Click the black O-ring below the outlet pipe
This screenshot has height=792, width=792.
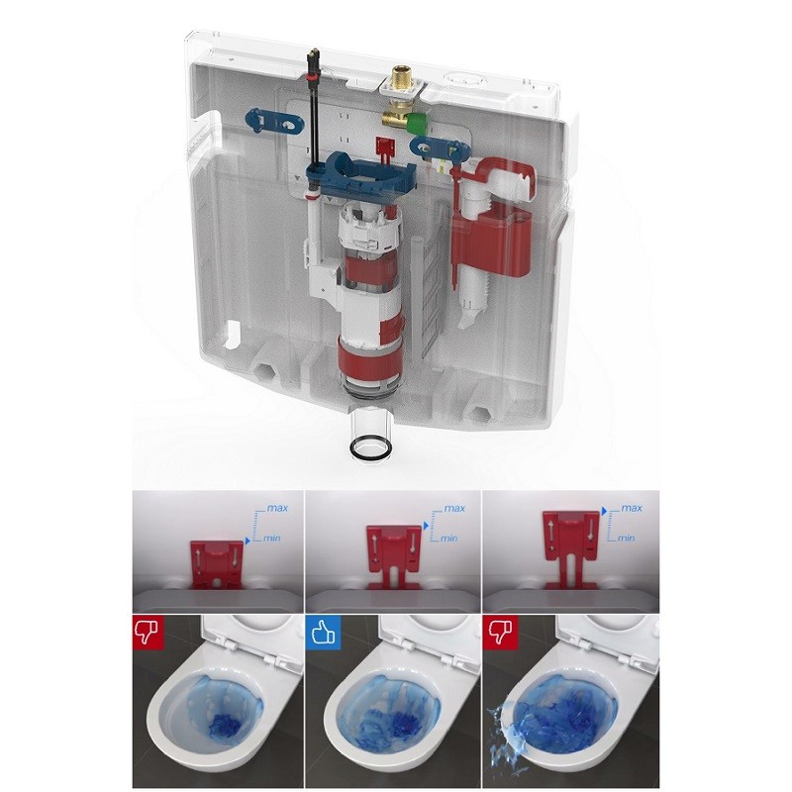point(370,448)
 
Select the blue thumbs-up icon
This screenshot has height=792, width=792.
point(324,632)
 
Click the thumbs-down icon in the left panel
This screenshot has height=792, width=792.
point(146,632)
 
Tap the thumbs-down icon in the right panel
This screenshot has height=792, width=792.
point(497,632)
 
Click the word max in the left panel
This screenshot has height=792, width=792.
point(277,508)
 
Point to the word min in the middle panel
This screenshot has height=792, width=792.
point(449,539)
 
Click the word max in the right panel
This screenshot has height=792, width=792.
point(632,508)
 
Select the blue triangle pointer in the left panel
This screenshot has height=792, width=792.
point(247,541)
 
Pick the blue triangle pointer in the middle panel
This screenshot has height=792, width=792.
point(427,526)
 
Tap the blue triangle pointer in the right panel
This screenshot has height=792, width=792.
point(604,512)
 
